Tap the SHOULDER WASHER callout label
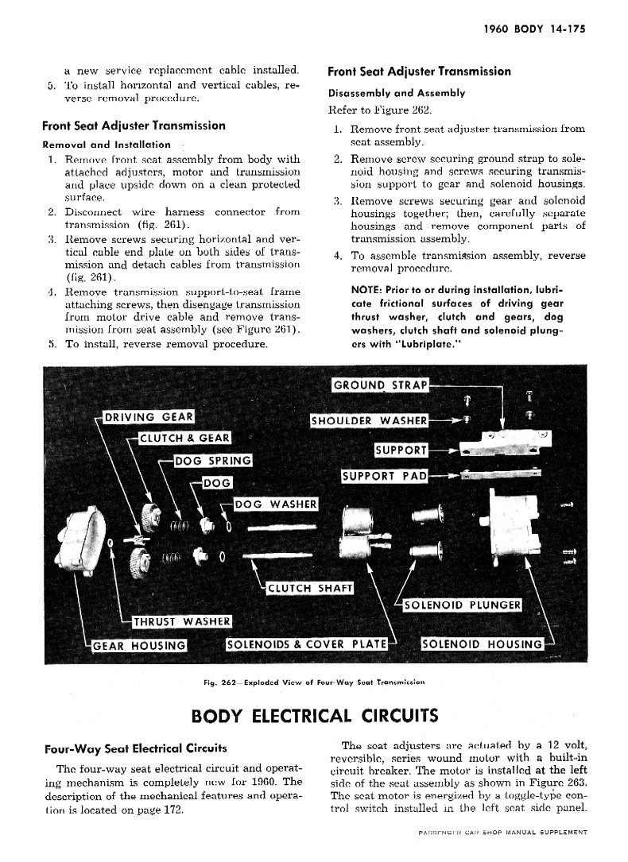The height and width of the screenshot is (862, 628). click(370, 420)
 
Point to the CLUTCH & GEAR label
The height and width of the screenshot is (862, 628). click(185, 438)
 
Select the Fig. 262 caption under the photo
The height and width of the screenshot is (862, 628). click(314, 682)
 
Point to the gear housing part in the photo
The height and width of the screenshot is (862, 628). click(92, 539)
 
